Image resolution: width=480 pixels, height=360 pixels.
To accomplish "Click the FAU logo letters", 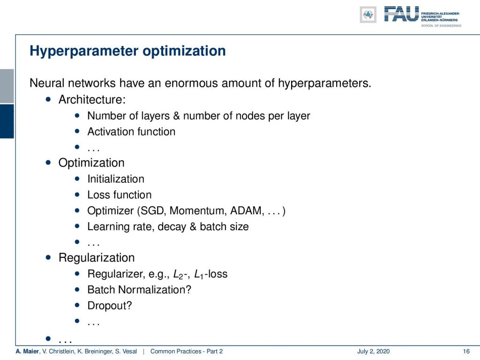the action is tap(401, 14).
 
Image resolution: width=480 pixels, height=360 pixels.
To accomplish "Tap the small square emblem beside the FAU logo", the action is tap(368, 15).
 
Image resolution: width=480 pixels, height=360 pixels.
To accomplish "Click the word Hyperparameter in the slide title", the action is tap(84, 51).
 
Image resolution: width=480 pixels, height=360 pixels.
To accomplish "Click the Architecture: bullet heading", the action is tap(92, 99).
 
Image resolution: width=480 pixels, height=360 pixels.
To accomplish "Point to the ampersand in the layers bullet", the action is tap(176, 116).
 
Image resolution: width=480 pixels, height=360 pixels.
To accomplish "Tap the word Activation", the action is tap(111, 132).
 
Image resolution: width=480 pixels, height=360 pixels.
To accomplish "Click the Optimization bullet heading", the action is tap(91, 163).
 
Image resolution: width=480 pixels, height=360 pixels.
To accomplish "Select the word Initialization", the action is tap(116, 179).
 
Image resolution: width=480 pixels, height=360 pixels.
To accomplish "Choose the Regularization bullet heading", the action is tap(97, 258).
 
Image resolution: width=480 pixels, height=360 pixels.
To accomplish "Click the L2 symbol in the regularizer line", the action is tap(179, 274).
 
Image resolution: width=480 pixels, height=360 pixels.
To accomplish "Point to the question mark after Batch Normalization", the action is tap(188, 290).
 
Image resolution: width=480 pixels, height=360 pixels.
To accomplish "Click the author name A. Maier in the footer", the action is tap(27, 351).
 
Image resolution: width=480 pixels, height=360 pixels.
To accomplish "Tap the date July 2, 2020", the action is tap(374, 352).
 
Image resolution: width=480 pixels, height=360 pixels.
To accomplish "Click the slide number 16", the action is tap(466, 351).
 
